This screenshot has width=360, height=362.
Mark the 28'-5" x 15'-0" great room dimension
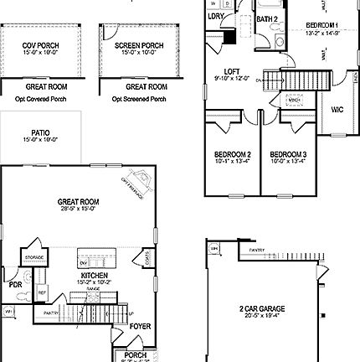[78, 209]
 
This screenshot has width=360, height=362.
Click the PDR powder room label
[15, 285]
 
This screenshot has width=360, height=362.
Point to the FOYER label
[140, 326]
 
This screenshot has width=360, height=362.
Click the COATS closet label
[148, 263]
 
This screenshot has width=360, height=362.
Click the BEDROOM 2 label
[233, 155]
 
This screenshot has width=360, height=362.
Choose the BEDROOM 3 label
[287, 155]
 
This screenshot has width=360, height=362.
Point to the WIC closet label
[337, 108]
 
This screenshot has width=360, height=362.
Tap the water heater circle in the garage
[214, 249]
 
